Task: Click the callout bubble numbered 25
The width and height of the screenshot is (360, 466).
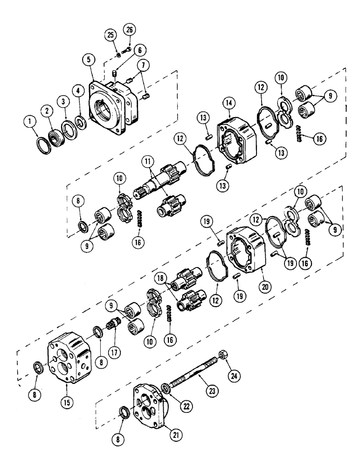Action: coord(111,35)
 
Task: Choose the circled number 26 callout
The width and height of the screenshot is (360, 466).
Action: coord(129,31)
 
